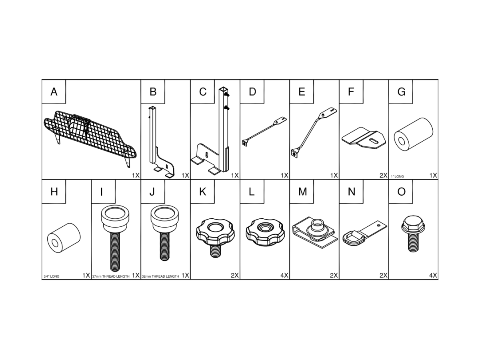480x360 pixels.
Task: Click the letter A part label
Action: (54, 92)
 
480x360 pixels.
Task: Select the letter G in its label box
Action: (401, 92)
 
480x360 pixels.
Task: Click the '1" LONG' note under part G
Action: (397, 176)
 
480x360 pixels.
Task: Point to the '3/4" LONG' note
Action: (51, 276)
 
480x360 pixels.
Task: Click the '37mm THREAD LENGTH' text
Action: (111, 276)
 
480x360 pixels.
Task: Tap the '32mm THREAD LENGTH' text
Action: (160, 276)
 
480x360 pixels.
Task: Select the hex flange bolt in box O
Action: (413, 234)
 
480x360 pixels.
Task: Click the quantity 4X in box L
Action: (284, 275)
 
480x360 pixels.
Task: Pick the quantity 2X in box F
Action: (384, 175)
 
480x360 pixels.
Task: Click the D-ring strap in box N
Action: (364, 233)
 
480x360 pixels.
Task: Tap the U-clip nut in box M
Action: (315, 232)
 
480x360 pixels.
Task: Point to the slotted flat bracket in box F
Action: (364, 138)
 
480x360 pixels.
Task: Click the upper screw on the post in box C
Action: (227, 95)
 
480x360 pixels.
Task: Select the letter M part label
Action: (302, 192)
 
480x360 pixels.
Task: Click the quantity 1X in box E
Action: (334, 175)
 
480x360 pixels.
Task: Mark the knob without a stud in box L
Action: (265, 232)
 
